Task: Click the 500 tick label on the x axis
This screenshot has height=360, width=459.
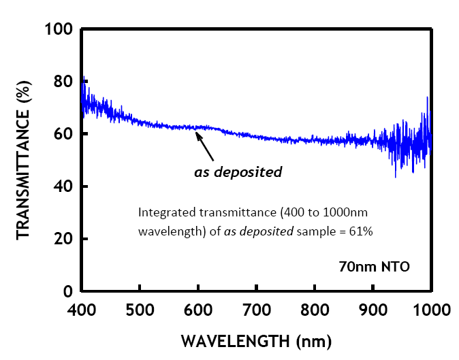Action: click(140, 310)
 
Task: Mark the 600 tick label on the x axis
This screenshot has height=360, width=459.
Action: click(198, 310)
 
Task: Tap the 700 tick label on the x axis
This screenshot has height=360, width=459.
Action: click(257, 310)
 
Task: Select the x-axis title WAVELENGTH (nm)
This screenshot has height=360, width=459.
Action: click(256, 340)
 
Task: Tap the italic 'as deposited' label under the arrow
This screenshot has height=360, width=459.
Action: click(238, 172)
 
